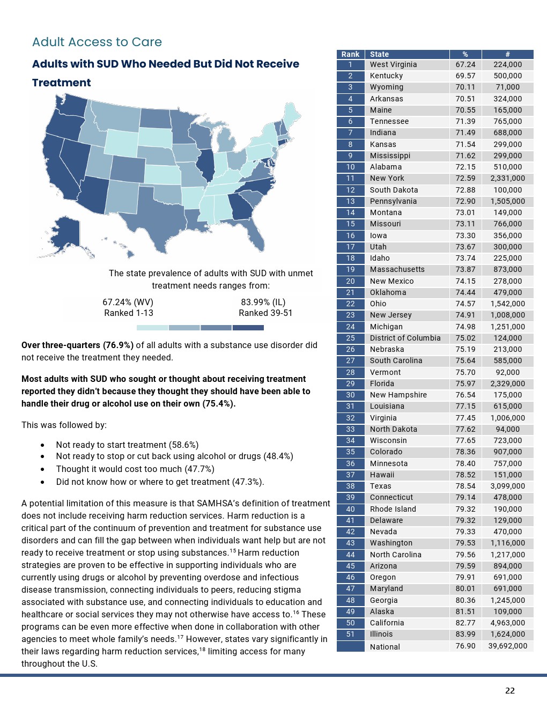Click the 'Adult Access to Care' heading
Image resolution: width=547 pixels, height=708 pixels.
(x=97, y=42)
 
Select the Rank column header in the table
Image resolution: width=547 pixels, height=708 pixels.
(x=350, y=54)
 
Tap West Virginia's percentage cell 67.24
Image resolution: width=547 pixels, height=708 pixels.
(x=465, y=64)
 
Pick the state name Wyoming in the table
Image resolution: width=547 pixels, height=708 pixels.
(x=386, y=87)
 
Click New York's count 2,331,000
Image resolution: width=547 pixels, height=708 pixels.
(x=507, y=178)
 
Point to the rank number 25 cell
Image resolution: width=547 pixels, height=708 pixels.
(x=350, y=338)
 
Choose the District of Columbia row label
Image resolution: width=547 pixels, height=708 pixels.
(x=405, y=338)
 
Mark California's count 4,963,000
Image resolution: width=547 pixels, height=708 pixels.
(x=507, y=623)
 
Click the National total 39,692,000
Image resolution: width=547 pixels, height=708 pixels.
(x=507, y=646)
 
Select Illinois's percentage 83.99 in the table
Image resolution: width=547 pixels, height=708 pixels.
(x=465, y=634)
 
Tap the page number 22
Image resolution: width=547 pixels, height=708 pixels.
(x=509, y=690)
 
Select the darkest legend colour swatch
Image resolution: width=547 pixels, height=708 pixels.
(x=248, y=327)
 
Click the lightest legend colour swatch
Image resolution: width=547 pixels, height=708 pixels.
(x=152, y=327)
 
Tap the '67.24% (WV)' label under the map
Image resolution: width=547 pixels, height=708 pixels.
(x=128, y=302)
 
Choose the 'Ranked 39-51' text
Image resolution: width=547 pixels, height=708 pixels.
(x=265, y=313)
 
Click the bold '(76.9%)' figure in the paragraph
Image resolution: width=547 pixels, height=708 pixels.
(x=118, y=345)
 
